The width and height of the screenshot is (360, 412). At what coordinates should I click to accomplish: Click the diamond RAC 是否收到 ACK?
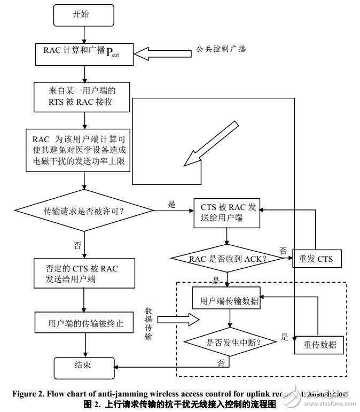pos(227,259)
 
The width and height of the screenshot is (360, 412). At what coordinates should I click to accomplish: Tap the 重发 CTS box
pos(317,259)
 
